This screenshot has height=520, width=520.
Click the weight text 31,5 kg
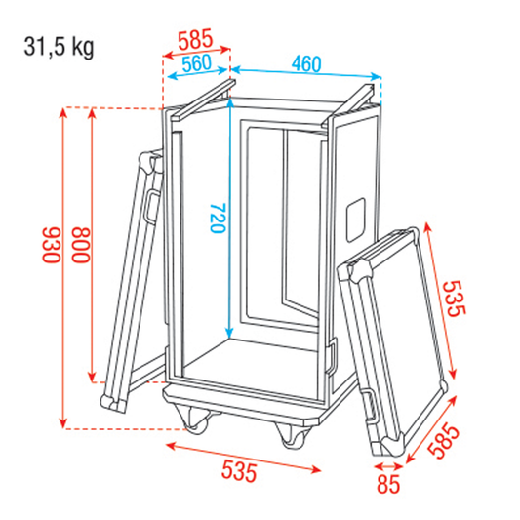60,47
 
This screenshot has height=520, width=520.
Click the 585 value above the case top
198,41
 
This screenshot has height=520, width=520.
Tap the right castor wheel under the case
292,437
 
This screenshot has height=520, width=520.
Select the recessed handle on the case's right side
354,220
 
